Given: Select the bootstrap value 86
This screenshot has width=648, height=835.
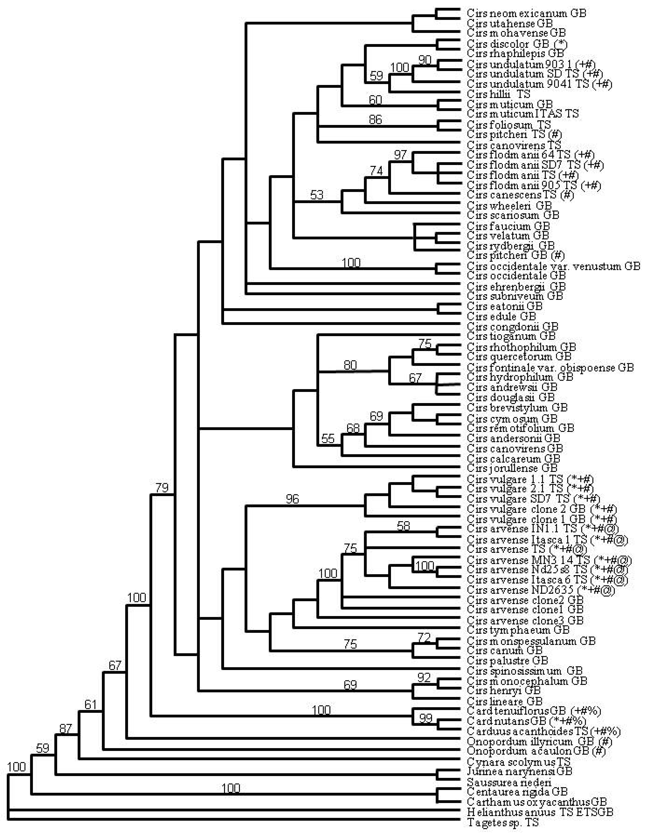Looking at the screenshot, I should (375, 120).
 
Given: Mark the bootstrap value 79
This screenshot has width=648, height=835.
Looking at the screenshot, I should (162, 488).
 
